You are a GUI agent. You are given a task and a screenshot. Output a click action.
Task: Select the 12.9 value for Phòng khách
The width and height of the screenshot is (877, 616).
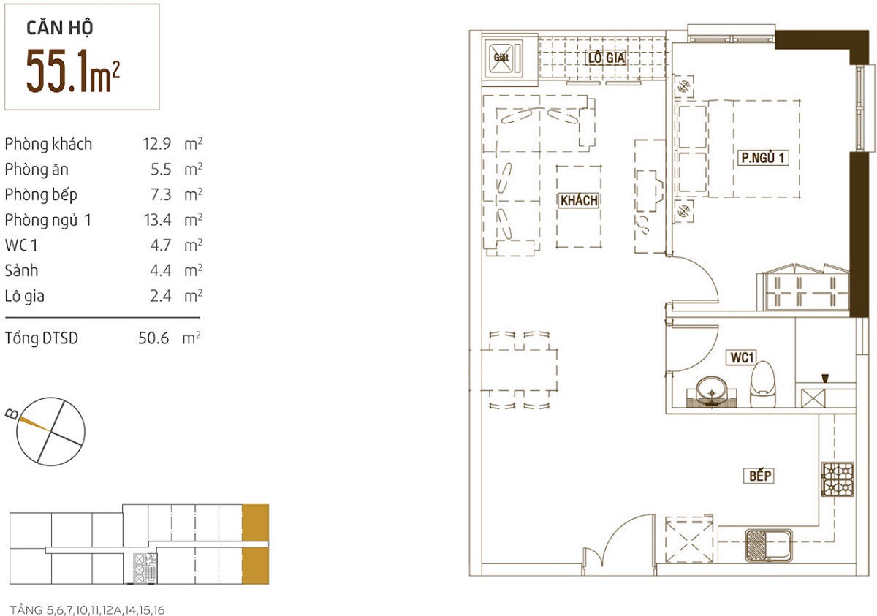tap(156, 144)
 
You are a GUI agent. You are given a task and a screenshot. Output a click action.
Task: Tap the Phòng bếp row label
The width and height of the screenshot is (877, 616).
tap(41, 195)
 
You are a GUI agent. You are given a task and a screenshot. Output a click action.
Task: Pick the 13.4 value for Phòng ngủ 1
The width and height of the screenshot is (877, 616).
tap(156, 220)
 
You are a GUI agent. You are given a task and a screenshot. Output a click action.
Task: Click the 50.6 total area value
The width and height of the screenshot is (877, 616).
tap(153, 338)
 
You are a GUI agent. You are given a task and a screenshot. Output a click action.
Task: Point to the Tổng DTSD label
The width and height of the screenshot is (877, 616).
tap(42, 338)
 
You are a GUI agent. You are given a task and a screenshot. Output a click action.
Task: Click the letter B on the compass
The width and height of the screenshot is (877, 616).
tap(12, 414)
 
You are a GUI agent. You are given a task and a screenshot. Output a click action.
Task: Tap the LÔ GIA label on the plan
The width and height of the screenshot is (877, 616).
tap(607, 58)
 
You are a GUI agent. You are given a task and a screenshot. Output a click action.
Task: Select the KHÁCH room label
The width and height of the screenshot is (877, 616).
tap(579, 200)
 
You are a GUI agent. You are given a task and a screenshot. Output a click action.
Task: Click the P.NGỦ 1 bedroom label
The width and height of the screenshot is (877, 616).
tap(763, 157)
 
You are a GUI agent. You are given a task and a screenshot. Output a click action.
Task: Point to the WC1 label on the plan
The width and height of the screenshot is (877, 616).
tap(742, 357)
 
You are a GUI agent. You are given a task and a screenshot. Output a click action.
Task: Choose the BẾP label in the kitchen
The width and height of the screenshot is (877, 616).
tap(760, 476)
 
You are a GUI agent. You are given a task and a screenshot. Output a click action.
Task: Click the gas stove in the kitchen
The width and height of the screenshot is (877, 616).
tap(837, 479)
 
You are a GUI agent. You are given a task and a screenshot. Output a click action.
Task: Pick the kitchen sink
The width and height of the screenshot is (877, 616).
tap(769, 546)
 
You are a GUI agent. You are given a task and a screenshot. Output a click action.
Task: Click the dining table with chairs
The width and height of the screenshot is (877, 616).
tap(519, 370)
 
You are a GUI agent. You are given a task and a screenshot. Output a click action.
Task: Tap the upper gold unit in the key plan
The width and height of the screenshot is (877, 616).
tap(256, 522)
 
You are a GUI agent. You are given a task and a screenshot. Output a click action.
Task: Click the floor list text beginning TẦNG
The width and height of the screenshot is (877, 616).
tap(87, 609)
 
